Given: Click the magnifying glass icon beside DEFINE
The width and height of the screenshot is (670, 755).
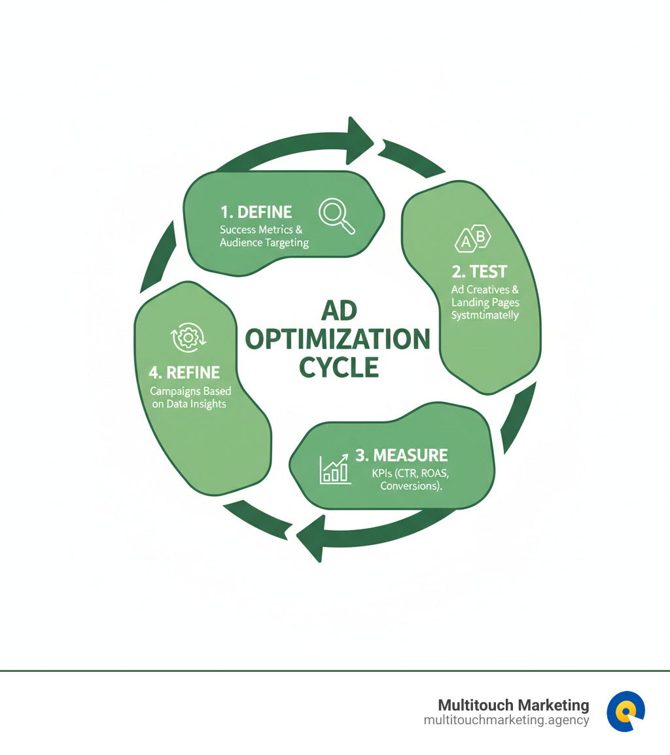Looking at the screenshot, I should pos(336,217).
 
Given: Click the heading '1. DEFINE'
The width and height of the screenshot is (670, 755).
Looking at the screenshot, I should pos(256,212).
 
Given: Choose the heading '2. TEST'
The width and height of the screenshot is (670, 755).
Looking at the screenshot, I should pos(479,271).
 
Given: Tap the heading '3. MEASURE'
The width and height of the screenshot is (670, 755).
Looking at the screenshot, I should pos(401,455).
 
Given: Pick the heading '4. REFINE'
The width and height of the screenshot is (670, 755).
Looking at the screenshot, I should pos(184,372).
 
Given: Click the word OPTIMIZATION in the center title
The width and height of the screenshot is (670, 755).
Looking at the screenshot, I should pos(338,340).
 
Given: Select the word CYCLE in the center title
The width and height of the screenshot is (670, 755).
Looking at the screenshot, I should pos(339,368).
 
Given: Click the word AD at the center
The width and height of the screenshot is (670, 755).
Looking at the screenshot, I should pos(338,311).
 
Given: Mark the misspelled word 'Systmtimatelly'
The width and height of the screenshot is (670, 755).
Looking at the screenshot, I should pos(485,315).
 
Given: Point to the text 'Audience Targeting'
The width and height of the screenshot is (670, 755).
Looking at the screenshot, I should pos(264,242).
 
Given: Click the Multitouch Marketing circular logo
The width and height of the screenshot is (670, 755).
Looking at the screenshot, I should pos(626,711).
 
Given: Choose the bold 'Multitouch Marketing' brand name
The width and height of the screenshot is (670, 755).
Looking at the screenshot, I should pos(513,705).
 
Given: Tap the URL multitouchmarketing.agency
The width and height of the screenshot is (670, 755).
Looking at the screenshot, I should pos(506,720).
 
